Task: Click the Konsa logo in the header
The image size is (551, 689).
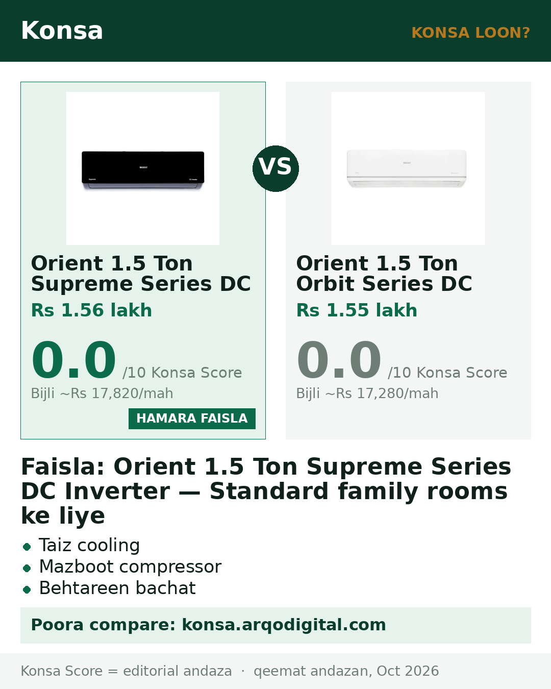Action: tap(62, 31)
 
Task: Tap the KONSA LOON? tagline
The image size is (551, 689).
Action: tap(470, 33)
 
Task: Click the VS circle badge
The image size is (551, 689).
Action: tap(275, 169)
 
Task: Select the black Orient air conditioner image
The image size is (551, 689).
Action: tap(143, 171)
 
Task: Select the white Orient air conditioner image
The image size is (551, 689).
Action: tap(407, 168)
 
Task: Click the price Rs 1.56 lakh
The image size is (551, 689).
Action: tap(91, 310)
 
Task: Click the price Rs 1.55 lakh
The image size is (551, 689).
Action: tap(357, 310)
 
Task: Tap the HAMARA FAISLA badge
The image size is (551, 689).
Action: tap(192, 419)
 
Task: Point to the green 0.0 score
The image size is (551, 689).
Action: tap(73, 359)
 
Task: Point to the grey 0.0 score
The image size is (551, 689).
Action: tap(339, 359)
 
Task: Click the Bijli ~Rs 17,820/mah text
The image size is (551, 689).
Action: tap(102, 393)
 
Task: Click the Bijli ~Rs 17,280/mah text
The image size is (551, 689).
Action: tap(367, 393)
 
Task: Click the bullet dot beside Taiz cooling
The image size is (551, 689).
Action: tap(27, 547)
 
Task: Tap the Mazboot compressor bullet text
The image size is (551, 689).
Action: tap(130, 567)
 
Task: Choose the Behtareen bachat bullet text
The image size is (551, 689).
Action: tap(117, 588)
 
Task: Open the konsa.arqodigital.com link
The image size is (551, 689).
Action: tap(284, 625)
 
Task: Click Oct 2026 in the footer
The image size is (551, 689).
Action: tap(408, 671)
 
